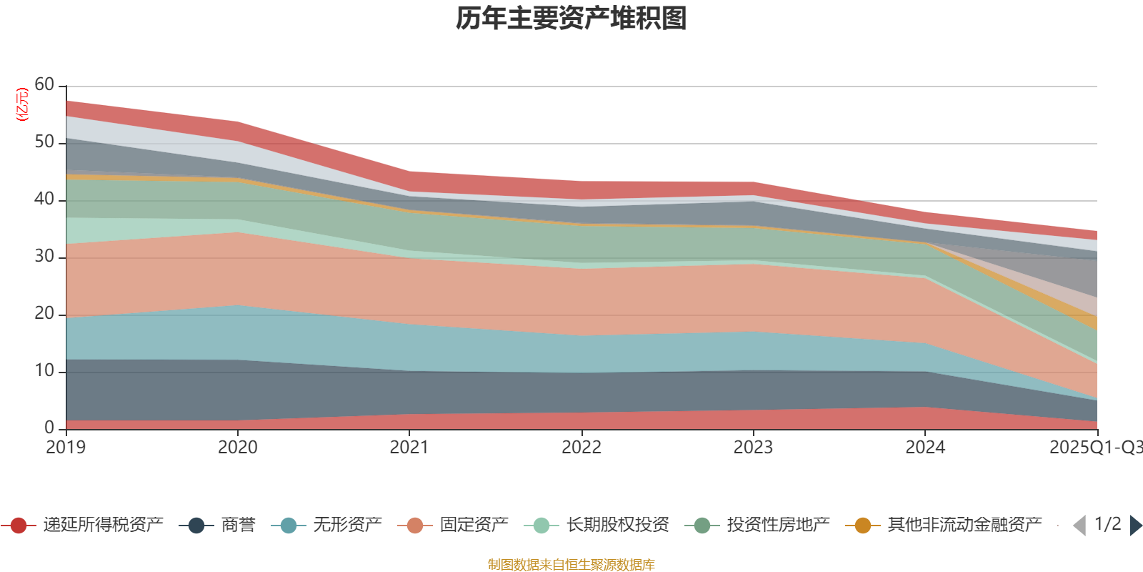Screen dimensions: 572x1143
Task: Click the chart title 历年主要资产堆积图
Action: click(x=571, y=19)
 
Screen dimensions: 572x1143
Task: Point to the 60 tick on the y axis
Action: click(x=44, y=85)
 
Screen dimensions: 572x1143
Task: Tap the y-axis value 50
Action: click(x=44, y=142)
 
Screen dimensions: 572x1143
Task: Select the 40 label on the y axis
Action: click(x=44, y=199)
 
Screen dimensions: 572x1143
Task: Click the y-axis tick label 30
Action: click(x=44, y=257)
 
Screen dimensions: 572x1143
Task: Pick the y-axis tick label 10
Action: click(x=44, y=371)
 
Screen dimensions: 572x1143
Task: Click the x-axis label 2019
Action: click(x=66, y=448)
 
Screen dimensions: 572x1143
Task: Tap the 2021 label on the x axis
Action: click(x=409, y=448)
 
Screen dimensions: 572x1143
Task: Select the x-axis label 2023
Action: click(x=753, y=448)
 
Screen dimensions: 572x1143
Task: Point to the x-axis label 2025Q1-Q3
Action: click(x=1095, y=448)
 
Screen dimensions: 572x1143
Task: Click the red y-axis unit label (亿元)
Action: click(x=22, y=104)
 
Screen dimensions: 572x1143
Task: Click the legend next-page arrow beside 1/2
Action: click(x=1136, y=526)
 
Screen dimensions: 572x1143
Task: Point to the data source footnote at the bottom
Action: click(x=571, y=565)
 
